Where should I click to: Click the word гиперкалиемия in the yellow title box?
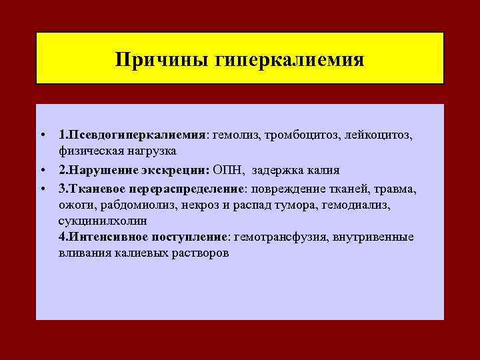pyautogui.click(x=290, y=60)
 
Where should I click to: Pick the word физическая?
pyautogui.click(x=89, y=151)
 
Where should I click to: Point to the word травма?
pyautogui.click(x=397, y=188)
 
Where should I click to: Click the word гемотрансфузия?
pyautogui.click(x=280, y=236)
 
